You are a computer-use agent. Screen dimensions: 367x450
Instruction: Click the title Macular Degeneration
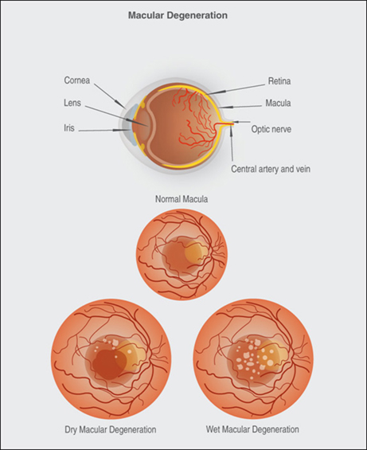178,15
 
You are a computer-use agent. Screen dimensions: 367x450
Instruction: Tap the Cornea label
77,80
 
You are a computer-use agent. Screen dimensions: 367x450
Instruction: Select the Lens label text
72,103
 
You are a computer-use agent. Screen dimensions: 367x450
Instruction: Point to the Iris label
69,127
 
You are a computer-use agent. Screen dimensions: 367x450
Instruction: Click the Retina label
279,81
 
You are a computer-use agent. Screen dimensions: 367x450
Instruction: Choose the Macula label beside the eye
278,103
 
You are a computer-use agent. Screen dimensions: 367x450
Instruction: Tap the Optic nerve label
271,129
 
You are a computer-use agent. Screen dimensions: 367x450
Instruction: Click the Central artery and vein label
271,169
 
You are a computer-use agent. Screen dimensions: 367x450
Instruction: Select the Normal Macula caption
182,199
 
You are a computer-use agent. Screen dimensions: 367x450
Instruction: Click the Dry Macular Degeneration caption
111,429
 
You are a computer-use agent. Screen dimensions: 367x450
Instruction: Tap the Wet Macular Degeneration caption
252,429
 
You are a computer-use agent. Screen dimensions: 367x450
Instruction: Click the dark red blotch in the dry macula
109,362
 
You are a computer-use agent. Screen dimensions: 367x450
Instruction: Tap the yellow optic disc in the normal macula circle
196,252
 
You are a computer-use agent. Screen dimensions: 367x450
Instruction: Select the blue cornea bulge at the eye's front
129,124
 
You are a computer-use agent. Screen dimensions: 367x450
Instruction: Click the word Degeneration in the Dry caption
133,430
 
